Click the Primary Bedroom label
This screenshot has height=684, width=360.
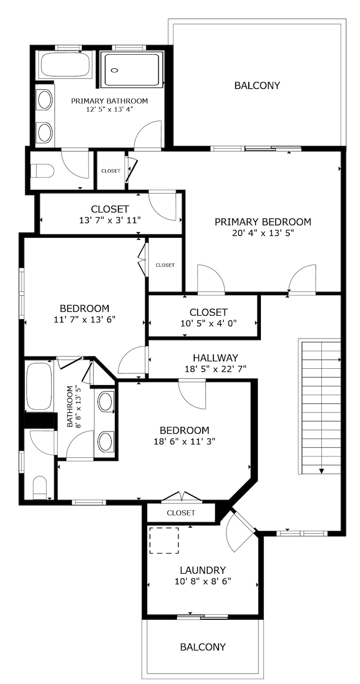tap(263, 222)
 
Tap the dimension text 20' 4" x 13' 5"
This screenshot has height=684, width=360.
tap(263, 233)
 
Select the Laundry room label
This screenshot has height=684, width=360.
tap(203, 570)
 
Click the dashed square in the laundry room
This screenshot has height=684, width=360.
tap(164, 540)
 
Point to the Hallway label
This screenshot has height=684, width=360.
tap(215, 358)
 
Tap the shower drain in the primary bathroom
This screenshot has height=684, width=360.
tap(114, 70)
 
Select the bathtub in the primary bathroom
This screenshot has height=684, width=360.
tap(65, 65)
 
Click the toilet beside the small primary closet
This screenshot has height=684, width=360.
tap(42, 170)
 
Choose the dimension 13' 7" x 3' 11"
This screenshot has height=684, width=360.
tap(110, 220)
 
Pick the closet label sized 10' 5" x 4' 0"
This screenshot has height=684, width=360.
tap(209, 312)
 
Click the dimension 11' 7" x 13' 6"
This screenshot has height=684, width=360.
tap(84, 320)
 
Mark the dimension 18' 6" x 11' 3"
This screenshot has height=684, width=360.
tap(185, 441)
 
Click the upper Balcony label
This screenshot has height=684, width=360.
tap(257, 85)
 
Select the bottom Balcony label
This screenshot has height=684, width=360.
tap(203, 647)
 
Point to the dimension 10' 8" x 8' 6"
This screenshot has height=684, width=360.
tap(203, 581)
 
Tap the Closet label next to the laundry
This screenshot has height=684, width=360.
tap(181, 512)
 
